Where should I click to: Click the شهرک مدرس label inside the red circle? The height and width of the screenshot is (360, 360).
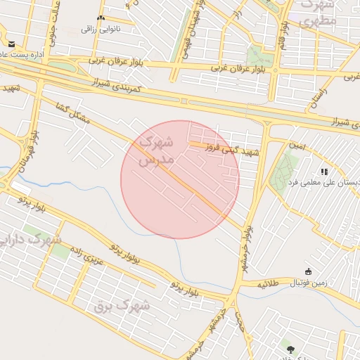155,150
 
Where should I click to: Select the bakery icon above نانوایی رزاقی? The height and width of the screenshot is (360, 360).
101,18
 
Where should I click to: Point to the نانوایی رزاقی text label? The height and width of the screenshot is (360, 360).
101,29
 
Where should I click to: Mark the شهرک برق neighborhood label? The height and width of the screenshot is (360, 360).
122,306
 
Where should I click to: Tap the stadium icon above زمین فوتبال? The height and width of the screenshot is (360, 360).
308,271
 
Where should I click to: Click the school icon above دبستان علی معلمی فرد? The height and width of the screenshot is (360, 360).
324,171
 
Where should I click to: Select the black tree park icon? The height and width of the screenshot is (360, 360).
289,349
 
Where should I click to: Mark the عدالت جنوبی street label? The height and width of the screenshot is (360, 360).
51,18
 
